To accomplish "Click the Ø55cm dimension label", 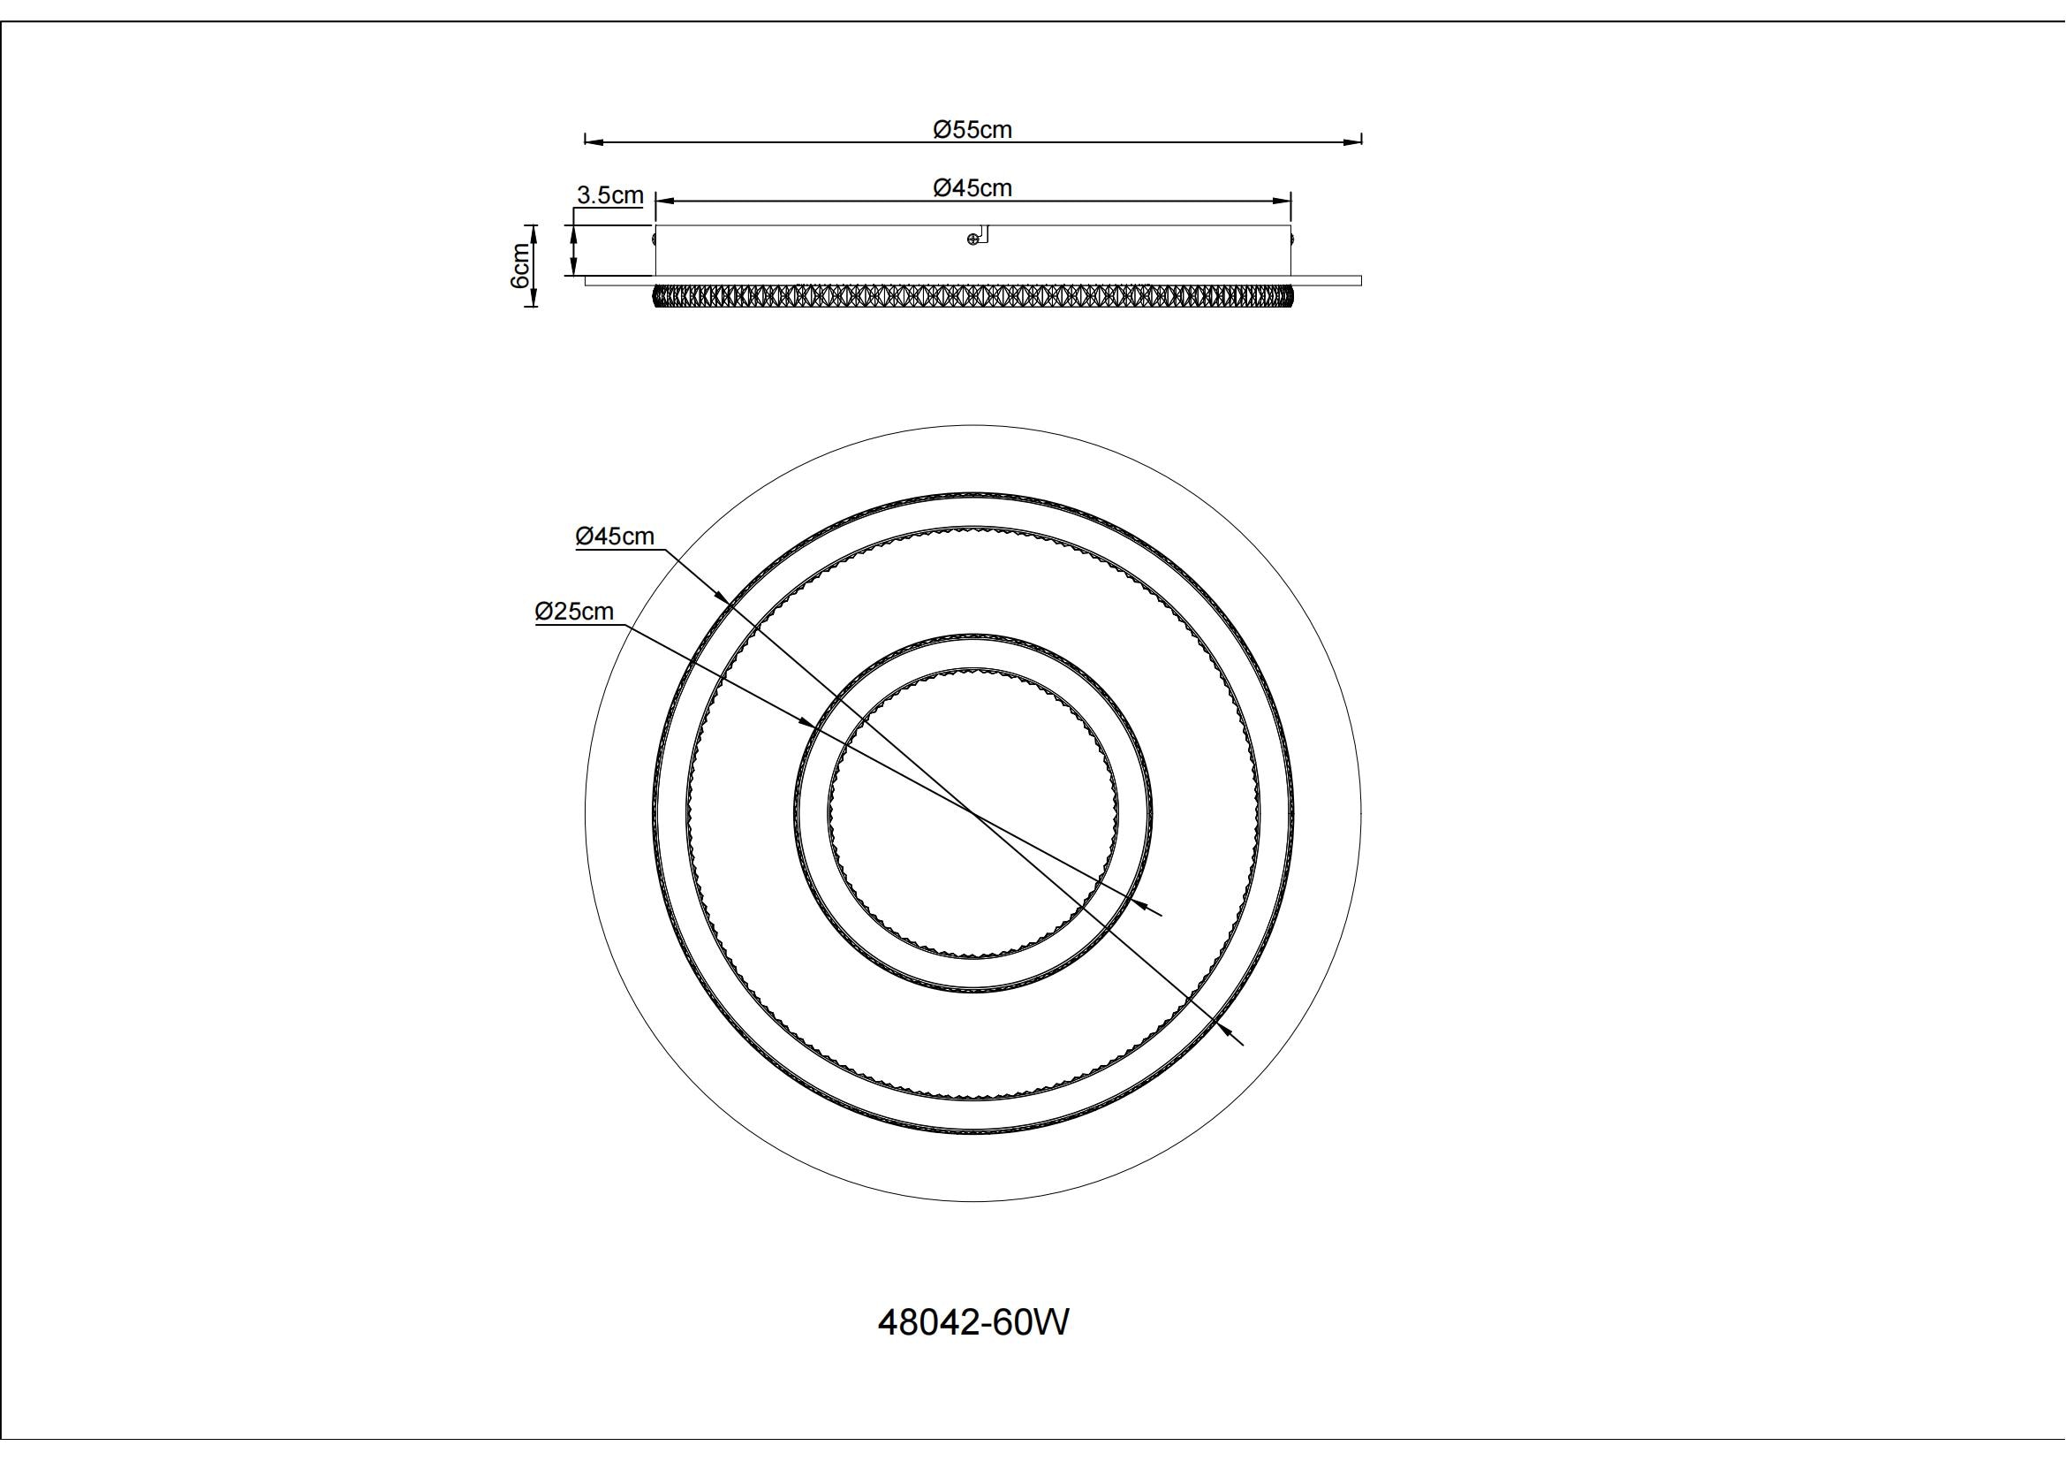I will [972, 130].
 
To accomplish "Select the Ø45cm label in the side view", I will [972, 188].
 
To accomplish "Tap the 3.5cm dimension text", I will [610, 195].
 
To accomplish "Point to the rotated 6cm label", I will [520, 265].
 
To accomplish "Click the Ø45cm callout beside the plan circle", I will [615, 536].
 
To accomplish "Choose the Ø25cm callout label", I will [574, 612].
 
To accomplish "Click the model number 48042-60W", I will [973, 1322].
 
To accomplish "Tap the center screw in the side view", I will [972, 239].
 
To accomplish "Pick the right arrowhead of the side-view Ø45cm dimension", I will [1283, 202].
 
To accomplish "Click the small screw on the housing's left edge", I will [655, 239].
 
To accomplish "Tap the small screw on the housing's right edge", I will [1293, 239].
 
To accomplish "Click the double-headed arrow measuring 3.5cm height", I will [573, 250].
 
